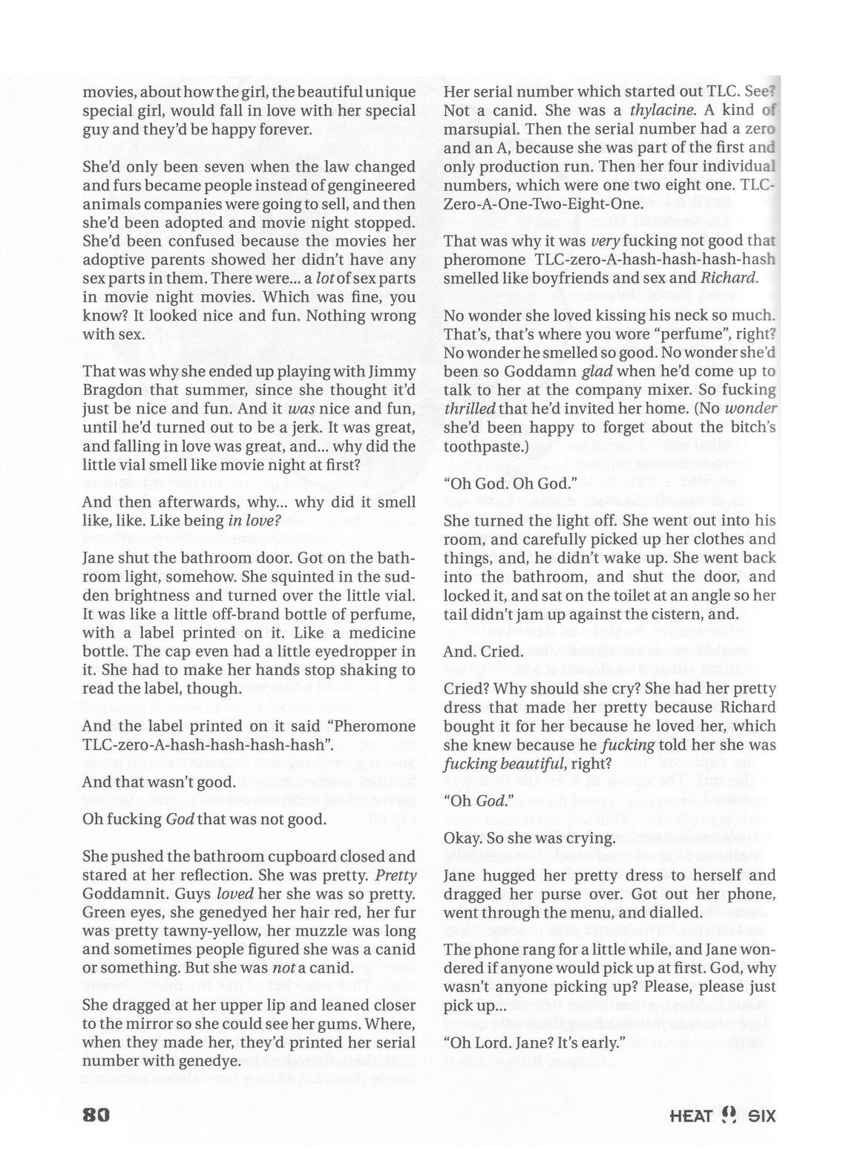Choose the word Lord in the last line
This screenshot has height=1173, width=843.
pos(491,1042)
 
